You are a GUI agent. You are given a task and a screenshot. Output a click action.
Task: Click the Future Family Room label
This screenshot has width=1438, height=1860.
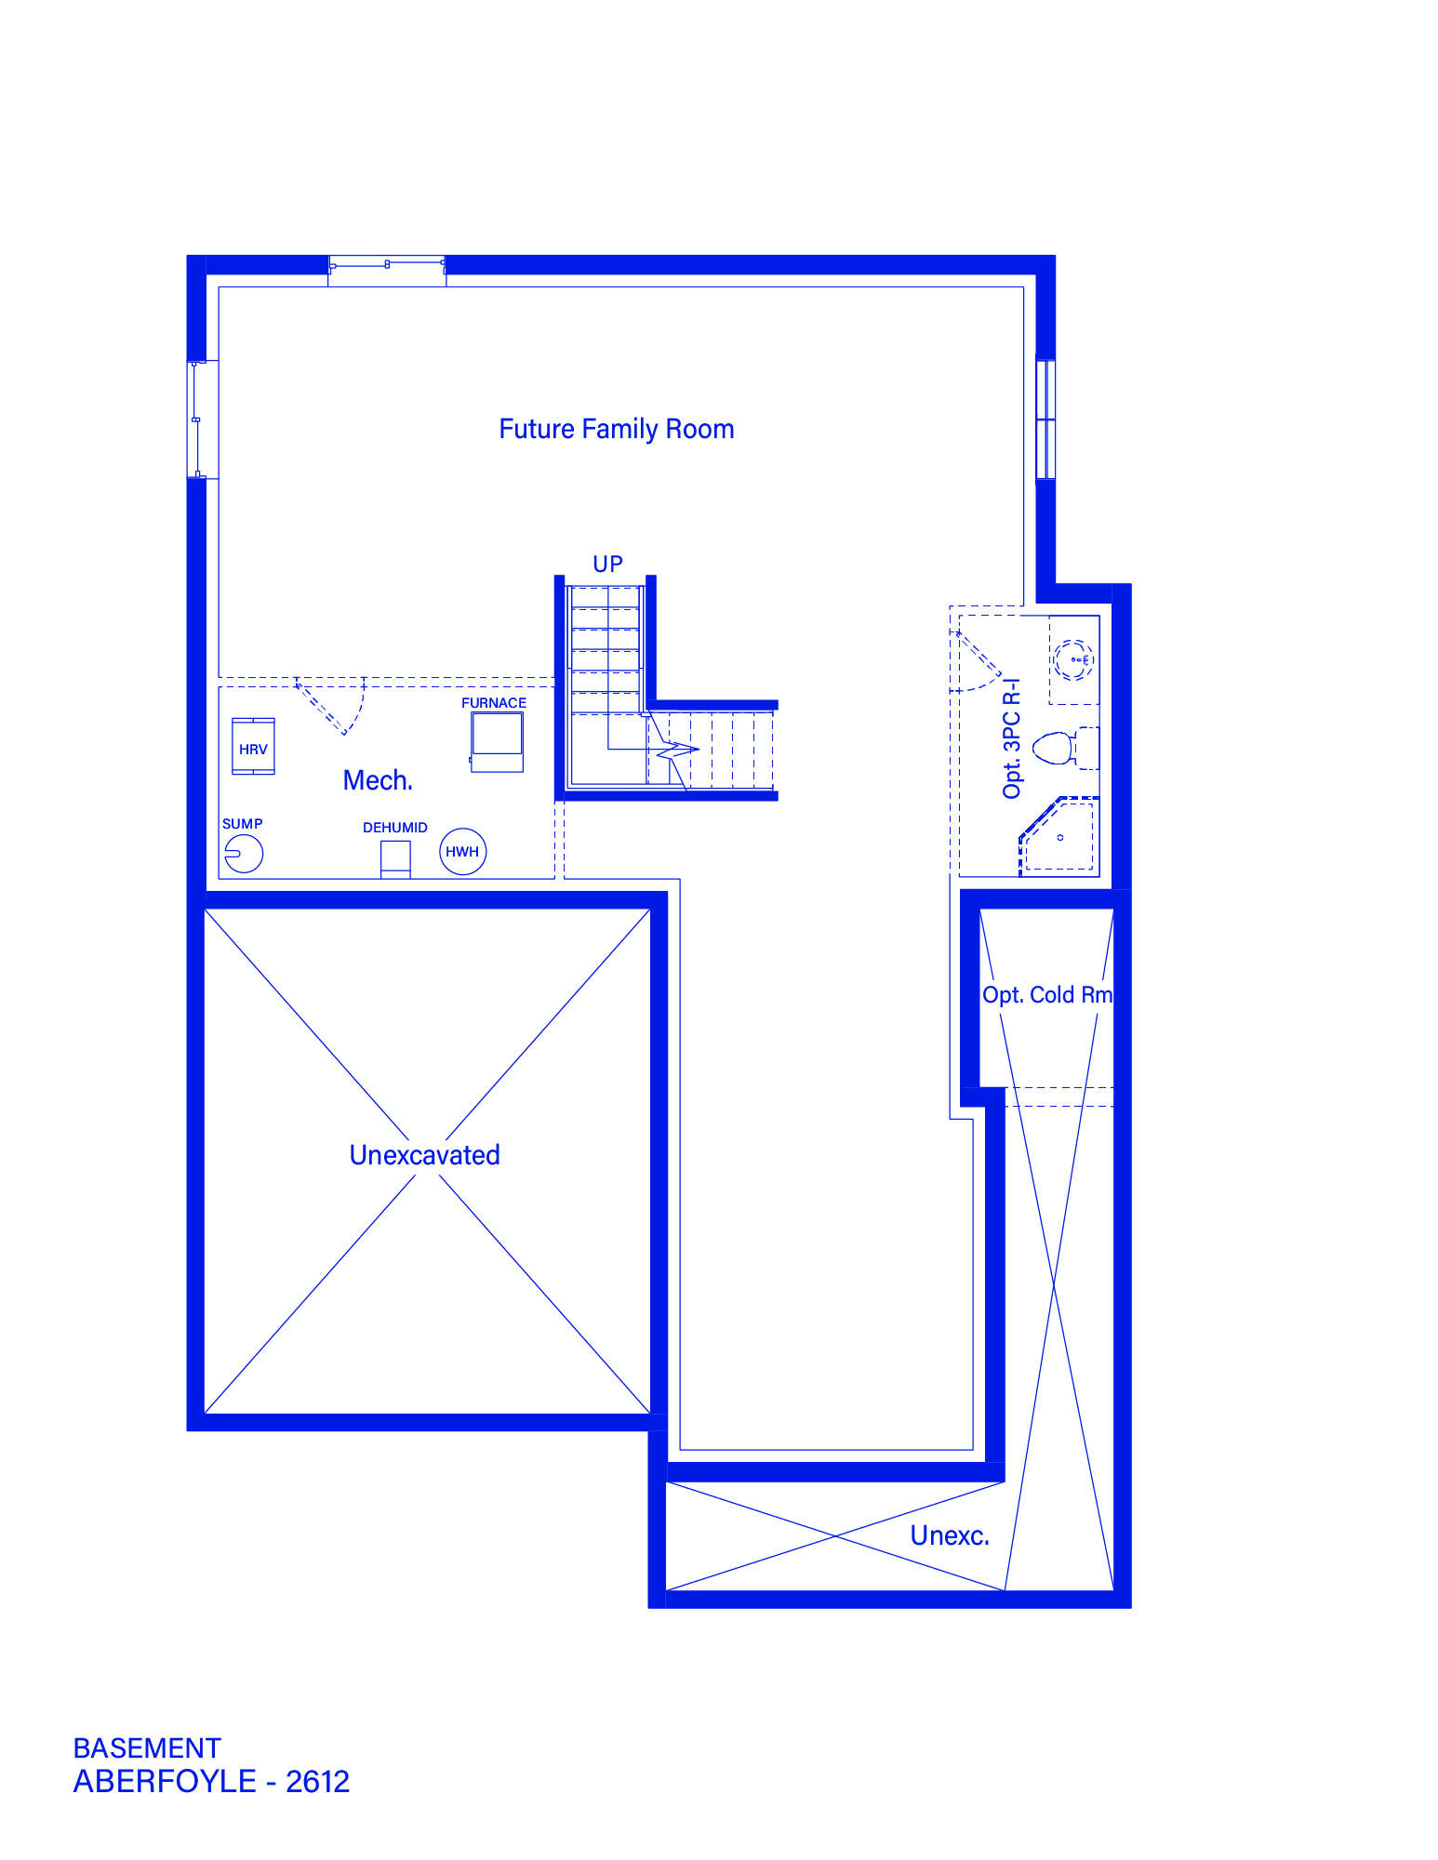(x=617, y=429)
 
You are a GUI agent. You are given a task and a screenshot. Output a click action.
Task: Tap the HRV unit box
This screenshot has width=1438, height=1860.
(x=253, y=746)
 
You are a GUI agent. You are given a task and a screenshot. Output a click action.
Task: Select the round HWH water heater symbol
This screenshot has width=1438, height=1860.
(x=462, y=852)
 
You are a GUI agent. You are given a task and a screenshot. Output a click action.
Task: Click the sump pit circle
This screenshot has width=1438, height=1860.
(x=244, y=853)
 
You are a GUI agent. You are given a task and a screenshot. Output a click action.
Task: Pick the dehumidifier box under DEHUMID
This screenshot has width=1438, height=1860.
(x=395, y=859)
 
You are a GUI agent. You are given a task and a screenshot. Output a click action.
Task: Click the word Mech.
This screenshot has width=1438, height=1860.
(x=378, y=780)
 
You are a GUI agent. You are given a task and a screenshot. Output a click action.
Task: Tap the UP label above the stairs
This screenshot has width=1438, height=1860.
(x=607, y=565)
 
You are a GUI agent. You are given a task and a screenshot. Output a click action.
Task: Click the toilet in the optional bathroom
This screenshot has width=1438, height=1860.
(x=1055, y=748)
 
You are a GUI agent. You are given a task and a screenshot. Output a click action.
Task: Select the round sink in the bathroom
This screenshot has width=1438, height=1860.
(x=1073, y=660)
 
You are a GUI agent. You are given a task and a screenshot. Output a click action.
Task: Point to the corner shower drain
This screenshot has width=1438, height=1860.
(x=1060, y=838)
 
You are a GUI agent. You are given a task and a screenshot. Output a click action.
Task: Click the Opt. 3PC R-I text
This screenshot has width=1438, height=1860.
(x=1012, y=737)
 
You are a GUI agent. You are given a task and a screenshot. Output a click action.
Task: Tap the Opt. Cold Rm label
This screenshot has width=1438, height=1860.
(x=1047, y=995)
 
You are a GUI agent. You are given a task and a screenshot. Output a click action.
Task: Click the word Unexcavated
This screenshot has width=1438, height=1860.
(x=425, y=1155)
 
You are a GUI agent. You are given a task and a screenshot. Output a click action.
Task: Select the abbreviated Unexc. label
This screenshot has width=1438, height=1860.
(x=950, y=1535)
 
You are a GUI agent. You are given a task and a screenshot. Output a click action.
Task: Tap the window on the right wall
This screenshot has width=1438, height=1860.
(x=1045, y=419)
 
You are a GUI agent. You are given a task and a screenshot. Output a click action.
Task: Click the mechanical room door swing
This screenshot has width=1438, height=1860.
(x=330, y=706)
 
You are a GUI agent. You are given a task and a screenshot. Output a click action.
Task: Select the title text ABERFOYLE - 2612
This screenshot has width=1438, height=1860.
(x=212, y=1781)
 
